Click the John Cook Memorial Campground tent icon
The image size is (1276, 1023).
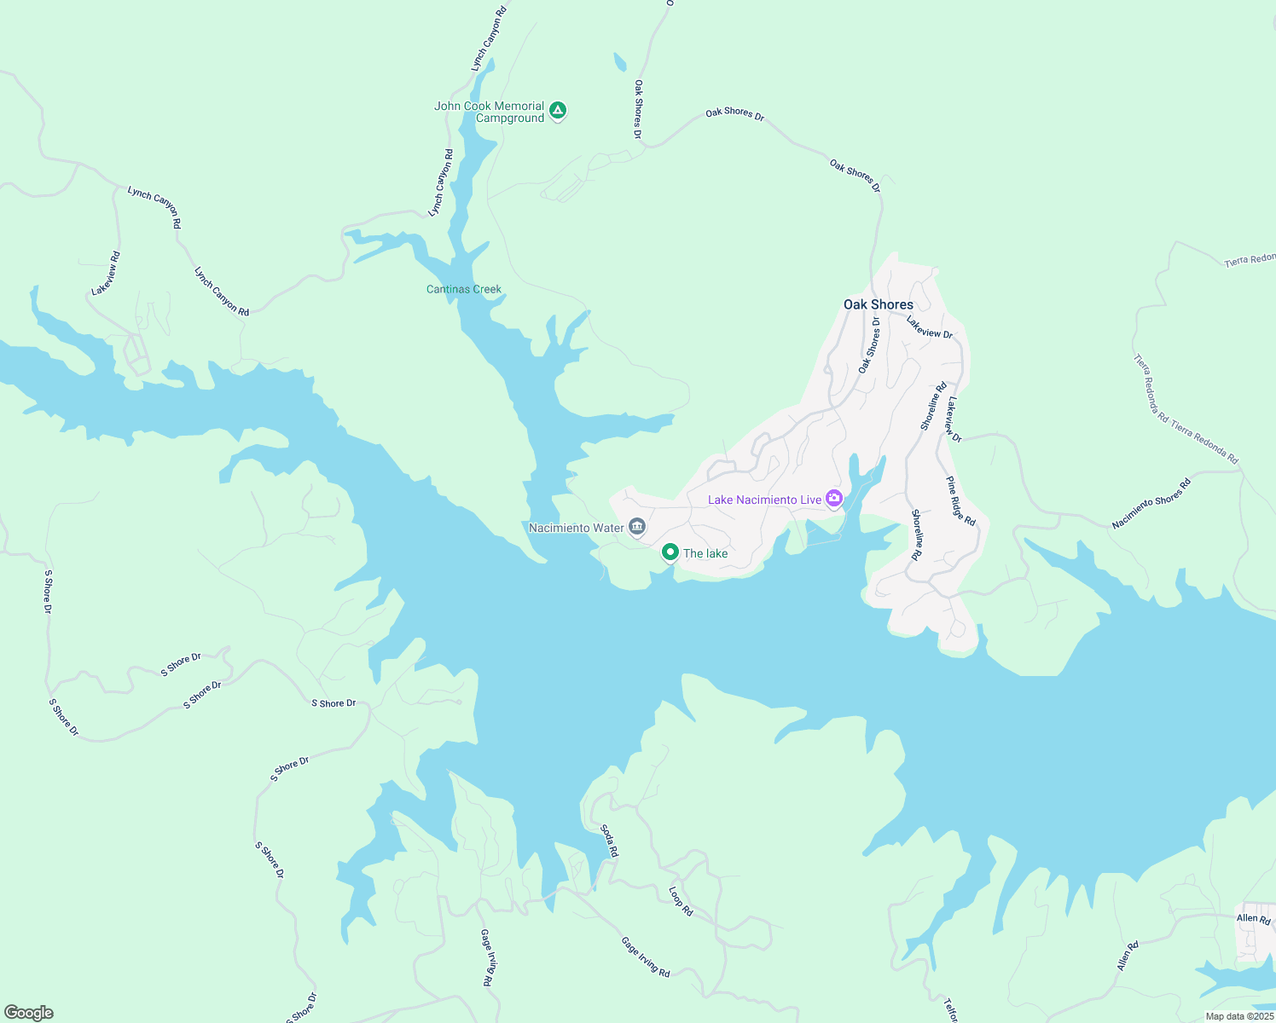point(557,110)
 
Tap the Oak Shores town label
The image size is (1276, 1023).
point(878,304)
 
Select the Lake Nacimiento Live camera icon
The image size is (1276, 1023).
point(833,499)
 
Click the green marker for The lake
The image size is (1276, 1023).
point(670,553)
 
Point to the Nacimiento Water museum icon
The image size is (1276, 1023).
point(637,527)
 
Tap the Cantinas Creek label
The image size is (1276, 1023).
point(464,290)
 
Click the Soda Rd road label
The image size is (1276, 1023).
point(609,841)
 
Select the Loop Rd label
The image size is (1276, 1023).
point(681,901)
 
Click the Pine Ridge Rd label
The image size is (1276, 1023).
point(960,501)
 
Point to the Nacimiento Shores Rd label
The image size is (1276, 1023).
point(1151,504)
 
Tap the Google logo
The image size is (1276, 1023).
point(28,1013)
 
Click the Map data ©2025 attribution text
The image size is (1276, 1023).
point(1238,1016)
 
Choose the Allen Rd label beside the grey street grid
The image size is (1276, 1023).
point(1253,918)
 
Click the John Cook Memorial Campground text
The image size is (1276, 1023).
point(489,113)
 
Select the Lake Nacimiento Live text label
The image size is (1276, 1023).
point(764,500)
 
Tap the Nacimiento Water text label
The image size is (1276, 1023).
point(577,528)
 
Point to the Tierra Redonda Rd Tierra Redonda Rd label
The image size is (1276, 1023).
point(1186,409)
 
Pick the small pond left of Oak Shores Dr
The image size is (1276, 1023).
point(619,62)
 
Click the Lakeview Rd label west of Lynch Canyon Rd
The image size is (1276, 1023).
point(107,274)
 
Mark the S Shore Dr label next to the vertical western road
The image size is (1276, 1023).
point(48,592)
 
